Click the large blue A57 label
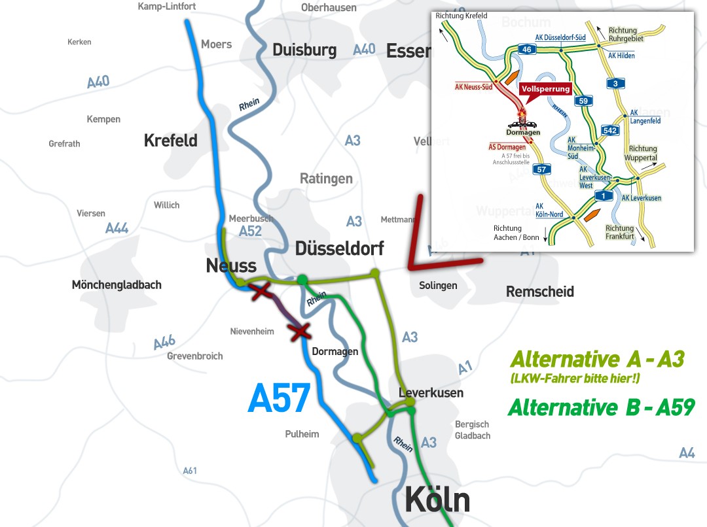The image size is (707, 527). coord(278,398)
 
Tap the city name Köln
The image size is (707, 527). coord(437,500)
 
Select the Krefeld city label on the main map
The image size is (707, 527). coord(170,141)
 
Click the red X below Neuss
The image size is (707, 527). coord(262,292)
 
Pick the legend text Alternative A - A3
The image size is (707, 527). coord(597,359)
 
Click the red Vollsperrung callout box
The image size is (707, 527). coord(546,89)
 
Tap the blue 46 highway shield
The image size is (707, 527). coord(507,48)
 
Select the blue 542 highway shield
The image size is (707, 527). coord(610,130)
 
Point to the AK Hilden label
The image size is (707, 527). coord(621,56)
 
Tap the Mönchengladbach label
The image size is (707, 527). coord(117,284)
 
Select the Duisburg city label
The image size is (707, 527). coord(304,50)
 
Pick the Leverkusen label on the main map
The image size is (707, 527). coord(431,392)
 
